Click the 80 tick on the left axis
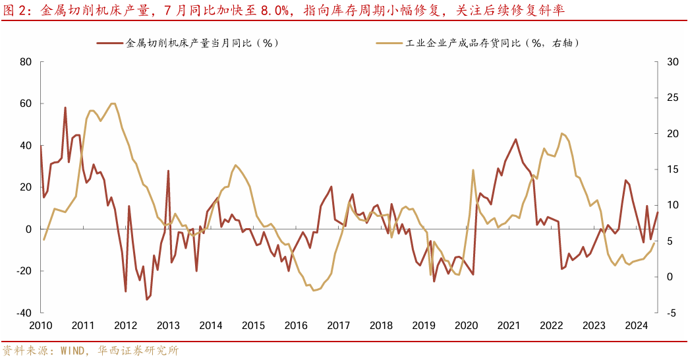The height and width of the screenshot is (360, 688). pos(26,62)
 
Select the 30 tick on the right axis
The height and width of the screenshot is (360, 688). pos(672,62)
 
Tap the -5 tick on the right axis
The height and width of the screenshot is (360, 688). pos(671,313)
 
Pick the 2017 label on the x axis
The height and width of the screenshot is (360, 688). pos(338,325)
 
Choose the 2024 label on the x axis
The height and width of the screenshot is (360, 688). pos(636,325)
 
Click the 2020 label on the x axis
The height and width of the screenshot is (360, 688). pos(466,325)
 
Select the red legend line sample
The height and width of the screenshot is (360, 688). pos(110,43)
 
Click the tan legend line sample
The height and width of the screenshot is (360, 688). pos(389,43)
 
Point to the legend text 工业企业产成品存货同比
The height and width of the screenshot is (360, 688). pos(465,43)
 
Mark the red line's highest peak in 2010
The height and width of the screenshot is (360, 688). pos(65,107)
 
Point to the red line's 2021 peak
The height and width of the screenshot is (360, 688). pos(515,139)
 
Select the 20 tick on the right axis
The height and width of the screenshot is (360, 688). pos(672,133)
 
